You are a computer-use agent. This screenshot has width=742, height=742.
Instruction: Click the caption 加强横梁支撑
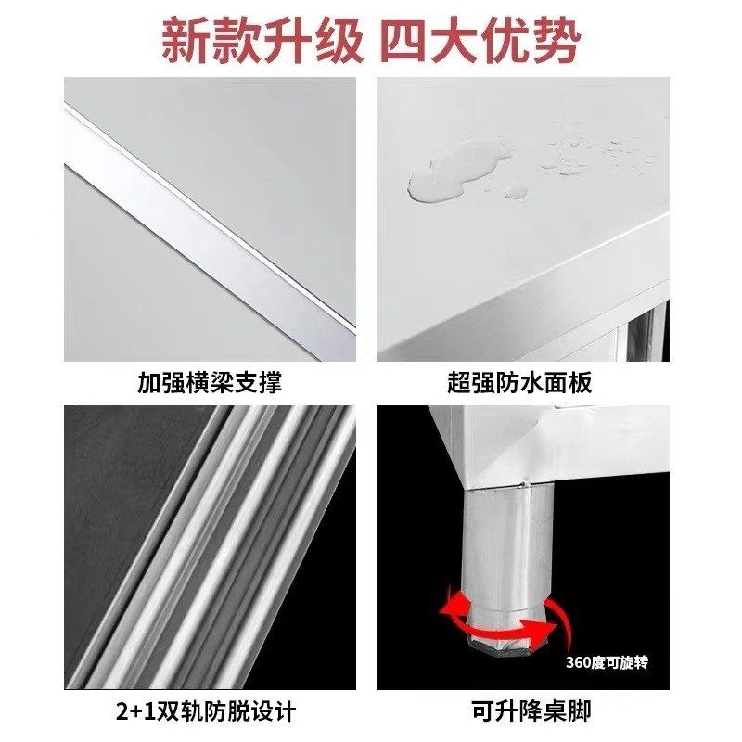coord(210,382)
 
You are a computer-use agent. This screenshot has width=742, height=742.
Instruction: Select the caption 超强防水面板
coord(522,382)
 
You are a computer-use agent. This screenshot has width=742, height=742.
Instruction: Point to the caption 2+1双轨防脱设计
coord(210,711)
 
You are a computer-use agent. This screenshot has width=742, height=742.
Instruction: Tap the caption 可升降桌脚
coord(522,711)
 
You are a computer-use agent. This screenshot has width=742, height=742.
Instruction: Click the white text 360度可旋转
coord(608,662)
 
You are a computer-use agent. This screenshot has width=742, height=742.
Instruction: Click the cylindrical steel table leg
coord(506,547)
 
